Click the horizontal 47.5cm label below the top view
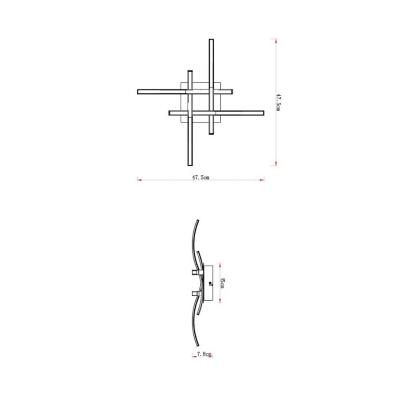200,177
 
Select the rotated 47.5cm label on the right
278,102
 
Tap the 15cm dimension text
222,283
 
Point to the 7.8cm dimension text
204,354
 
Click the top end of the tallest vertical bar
211,39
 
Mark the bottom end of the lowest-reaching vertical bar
190,165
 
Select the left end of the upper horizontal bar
138,92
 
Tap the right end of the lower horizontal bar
263,113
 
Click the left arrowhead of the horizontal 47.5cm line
139,180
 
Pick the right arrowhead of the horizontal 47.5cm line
263,180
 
